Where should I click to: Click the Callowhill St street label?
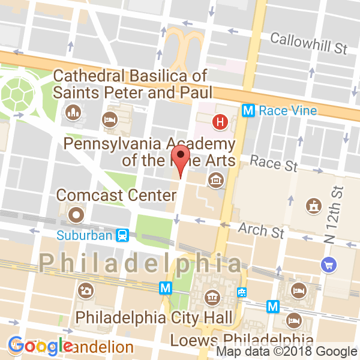click(x=308, y=43)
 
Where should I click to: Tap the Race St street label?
click(x=274, y=162)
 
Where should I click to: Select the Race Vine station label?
click(x=287, y=110)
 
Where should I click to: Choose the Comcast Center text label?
click(x=98, y=196)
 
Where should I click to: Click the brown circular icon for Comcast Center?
click(x=76, y=214)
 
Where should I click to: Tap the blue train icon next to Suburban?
click(x=122, y=235)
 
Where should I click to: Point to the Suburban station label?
click(x=85, y=235)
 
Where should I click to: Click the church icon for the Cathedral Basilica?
click(x=73, y=112)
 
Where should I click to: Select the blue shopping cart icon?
click(x=328, y=263)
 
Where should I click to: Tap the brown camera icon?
click(x=86, y=291)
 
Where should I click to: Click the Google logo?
click(x=41, y=346)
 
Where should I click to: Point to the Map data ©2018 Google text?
click(x=287, y=352)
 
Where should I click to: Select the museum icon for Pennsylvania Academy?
click(x=214, y=180)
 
